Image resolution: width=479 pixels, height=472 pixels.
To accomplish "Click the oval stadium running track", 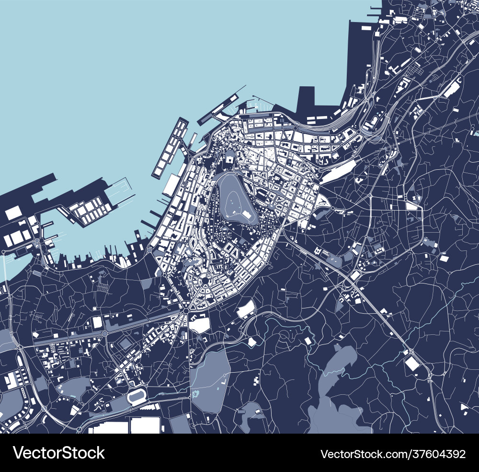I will point(138,397).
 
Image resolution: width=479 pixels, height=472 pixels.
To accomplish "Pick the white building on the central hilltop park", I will point(248,215).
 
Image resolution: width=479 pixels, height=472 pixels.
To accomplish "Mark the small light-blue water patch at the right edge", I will point(476,132).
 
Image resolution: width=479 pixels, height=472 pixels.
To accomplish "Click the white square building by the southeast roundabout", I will point(411,363).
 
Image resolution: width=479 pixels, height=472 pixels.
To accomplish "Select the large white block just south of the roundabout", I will point(199,325).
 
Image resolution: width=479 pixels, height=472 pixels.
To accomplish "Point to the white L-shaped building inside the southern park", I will point(223,382).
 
